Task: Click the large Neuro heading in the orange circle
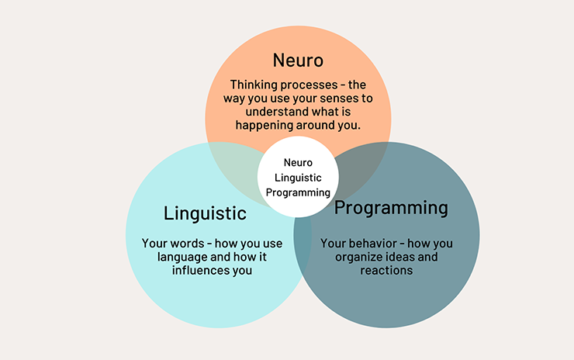(x=299, y=60)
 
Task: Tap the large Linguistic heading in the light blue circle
(x=205, y=213)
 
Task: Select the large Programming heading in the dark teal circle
(x=391, y=208)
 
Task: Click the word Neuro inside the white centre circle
(x=298, y=163)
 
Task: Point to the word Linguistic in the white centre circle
(x=298, y=178)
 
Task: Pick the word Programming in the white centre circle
(x=298, y=192)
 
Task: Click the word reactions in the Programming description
(x=386, y=271)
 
